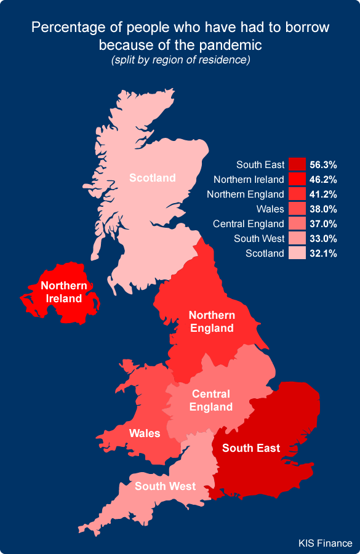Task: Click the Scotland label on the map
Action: (x=152, y=178)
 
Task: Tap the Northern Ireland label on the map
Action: (x=64, y=292)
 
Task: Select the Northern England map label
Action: (x=211, y=321)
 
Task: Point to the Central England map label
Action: (x=211, y=400)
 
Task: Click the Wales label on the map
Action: (x=145, y=433)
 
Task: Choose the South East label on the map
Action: (x=251, y=448)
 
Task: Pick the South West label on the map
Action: (x=165, y=486)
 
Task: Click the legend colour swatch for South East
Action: (x=298, y=164)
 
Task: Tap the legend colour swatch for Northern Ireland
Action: (x=298, y=179)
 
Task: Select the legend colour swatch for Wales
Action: (x=298, y=209)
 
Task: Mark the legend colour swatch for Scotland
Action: (x=298, y=253)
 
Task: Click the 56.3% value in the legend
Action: (x=323, y=164)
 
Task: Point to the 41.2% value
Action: (x=323, y=194)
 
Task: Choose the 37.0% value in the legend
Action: (x=323, y=223)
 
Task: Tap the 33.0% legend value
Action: (x=323, y=238)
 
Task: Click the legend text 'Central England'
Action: (x=249, y=223)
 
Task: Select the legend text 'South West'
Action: (x=260, y=238)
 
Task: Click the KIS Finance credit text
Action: (x=326, y=543)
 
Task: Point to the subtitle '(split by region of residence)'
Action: (x=180, y=60)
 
